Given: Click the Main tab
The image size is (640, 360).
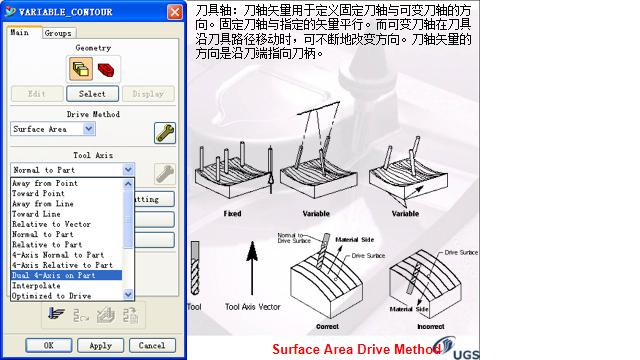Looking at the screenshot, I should (x=20, y=33).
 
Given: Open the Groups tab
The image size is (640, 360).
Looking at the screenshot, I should (x=57, y=33).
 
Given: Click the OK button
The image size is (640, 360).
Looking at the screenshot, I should (x=47, y=345).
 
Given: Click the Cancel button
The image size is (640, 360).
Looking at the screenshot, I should (x=152, y=345).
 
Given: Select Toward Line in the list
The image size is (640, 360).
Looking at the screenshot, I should (x=38, y=214).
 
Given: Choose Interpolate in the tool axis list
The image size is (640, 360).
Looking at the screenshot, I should (x=36, y=285).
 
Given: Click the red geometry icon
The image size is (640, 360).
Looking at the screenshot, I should (x=107, y=69).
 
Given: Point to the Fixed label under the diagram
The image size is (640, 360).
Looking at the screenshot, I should (x=232, y=214).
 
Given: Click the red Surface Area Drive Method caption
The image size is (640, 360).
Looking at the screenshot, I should (x=356, y=349).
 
